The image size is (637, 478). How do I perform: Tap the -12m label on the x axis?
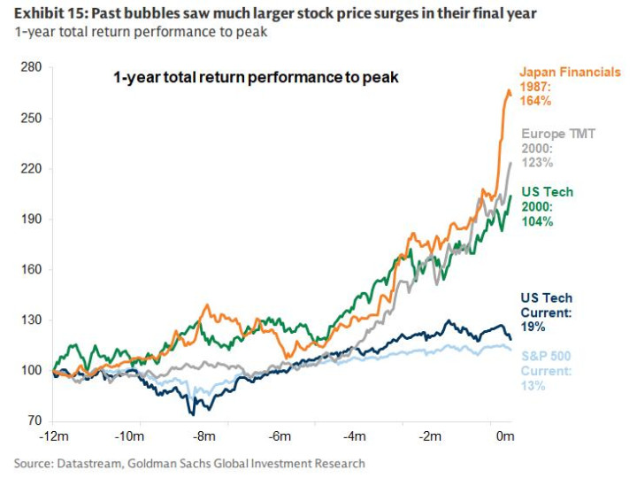pyautogui.click(x=56, y=437)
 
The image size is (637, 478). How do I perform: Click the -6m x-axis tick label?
pyautogui.click(x=282, y=437)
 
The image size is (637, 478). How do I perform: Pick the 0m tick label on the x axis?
pyautogui.click(x=505, y=437)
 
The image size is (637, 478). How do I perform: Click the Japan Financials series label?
pyautogui.click(x=570, y=72)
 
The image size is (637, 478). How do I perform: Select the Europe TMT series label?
pyautogui.click(x=557, y=134)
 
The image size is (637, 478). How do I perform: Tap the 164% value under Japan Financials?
pyautogui.click(x=536, y=101)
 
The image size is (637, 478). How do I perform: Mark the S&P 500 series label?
pyautogui.click(x=545, y=357)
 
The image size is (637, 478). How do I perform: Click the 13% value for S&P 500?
pyautogui.click(x=533, y=386)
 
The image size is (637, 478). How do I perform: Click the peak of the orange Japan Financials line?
pyautogui.click(x=508, y=90)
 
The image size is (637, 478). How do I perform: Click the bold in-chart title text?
pyautogui.click(x=256, y=77)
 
